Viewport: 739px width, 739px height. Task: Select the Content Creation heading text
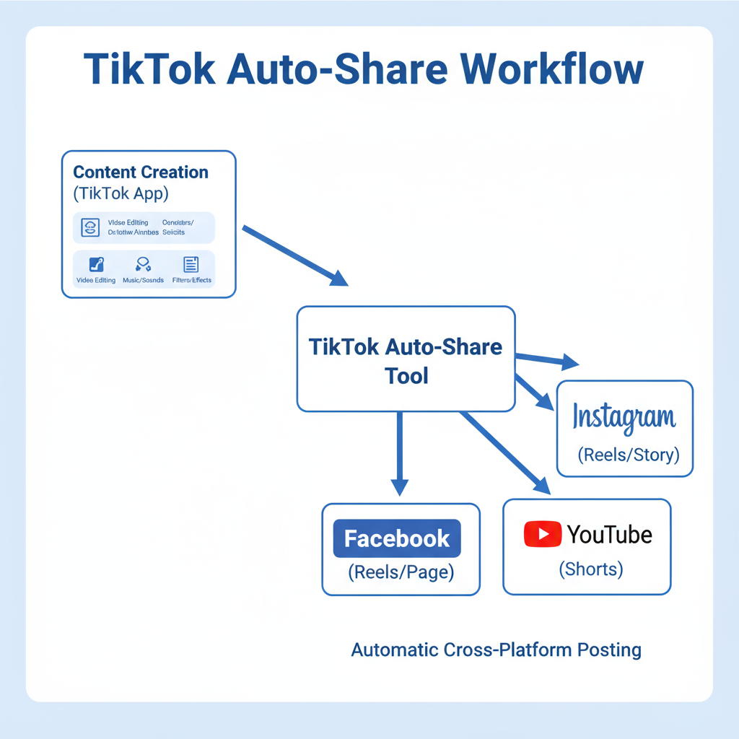click(x=141, y=172)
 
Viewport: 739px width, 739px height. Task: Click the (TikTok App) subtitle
click(x=120, y=193)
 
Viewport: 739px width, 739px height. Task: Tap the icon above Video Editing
click(x=96, y=264)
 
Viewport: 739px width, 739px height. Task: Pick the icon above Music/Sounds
click(x=143, y=264)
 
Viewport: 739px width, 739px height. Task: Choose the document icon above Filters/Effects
click(x=191, y=264)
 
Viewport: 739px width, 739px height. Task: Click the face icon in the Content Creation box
click(x=90, y=227)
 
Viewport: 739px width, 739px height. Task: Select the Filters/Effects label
click(x=192, y=280)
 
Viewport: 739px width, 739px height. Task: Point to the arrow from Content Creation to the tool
click(x=294, y=255)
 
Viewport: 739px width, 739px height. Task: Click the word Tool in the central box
click(x=406, y=375)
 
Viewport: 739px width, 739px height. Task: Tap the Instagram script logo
click(x=624, y=418)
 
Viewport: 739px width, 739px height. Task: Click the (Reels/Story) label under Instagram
click(x=629, y=455)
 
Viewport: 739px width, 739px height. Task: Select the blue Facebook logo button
click(x=396, y=538)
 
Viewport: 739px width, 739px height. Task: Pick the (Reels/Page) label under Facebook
click(x=401, y=572)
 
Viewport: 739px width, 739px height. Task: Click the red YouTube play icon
click(x=542, y=534)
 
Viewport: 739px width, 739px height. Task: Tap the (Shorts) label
click(x=590, y=569)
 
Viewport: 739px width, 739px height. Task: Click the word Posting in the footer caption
click(x=609, y=650)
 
